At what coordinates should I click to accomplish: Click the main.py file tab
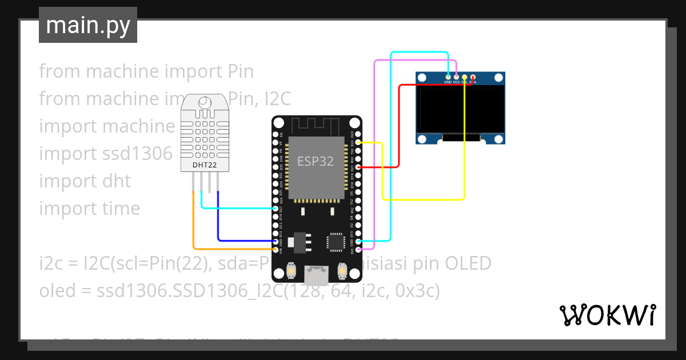(x=87, y=26)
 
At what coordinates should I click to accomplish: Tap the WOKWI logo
(x=607, y=315)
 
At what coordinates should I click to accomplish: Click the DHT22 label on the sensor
(x=204, y=166)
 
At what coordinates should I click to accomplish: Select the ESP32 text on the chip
(x=315, y=162)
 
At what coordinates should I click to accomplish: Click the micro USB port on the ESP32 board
(x=316, y=275)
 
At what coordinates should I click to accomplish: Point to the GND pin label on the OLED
(x=448, y=82)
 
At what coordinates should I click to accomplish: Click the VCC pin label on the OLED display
(x=456, y=82)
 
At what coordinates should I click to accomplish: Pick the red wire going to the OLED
(x=399, y=126)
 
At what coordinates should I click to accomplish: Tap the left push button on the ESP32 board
(x=292, y=270)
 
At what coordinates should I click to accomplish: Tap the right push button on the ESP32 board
(x=342, y=270)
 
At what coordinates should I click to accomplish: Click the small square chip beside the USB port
(x=335, y=241)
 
